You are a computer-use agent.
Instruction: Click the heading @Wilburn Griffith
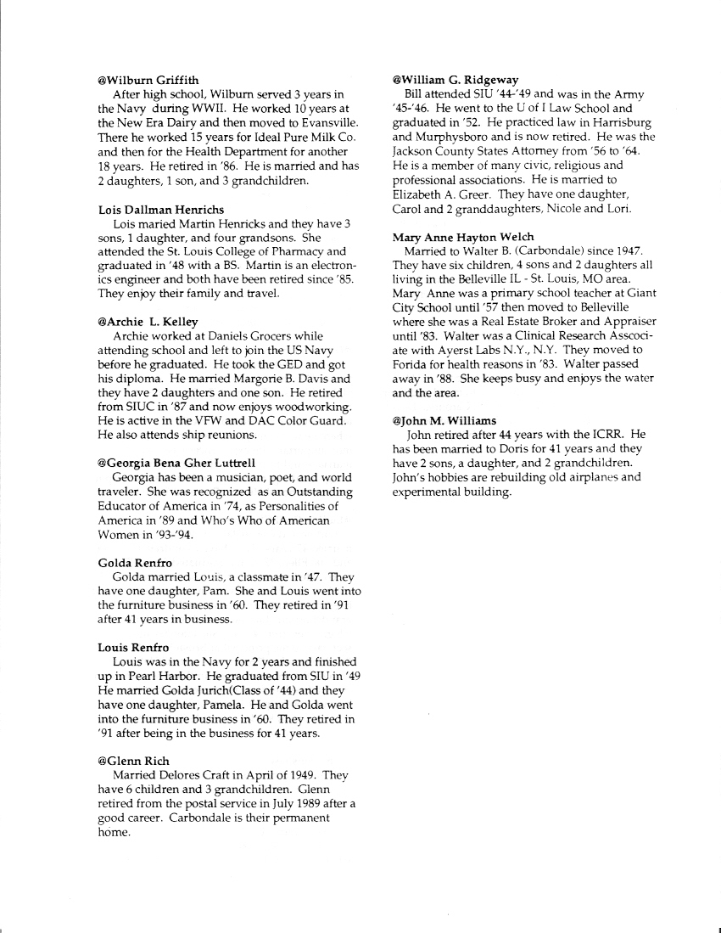point(148,81)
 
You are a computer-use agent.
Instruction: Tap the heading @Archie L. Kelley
point(148,322)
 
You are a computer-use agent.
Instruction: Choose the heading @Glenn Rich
point(133,762)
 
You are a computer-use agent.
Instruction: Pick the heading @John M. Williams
point(444,420)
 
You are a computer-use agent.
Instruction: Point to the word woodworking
point(308,408)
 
